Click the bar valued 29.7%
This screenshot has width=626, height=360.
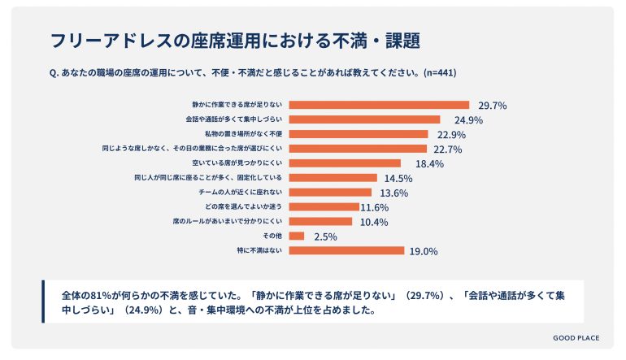point(379,105)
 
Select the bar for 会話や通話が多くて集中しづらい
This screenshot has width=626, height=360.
point(364,119)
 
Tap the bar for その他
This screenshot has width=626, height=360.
point(297,236)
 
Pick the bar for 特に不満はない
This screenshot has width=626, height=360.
point(346,250)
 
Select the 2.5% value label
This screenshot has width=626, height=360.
point(324,236)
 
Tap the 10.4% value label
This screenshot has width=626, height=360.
point(374,222)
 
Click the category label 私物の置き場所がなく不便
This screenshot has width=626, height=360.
point(243,134)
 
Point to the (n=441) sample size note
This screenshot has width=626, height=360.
point(439,72)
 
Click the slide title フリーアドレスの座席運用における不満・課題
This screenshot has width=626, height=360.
point(235,40)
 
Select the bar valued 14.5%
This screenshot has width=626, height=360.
point(333,178)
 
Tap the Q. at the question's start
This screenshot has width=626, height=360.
point(54,72)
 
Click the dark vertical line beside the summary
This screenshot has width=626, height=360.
point(43,301)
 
